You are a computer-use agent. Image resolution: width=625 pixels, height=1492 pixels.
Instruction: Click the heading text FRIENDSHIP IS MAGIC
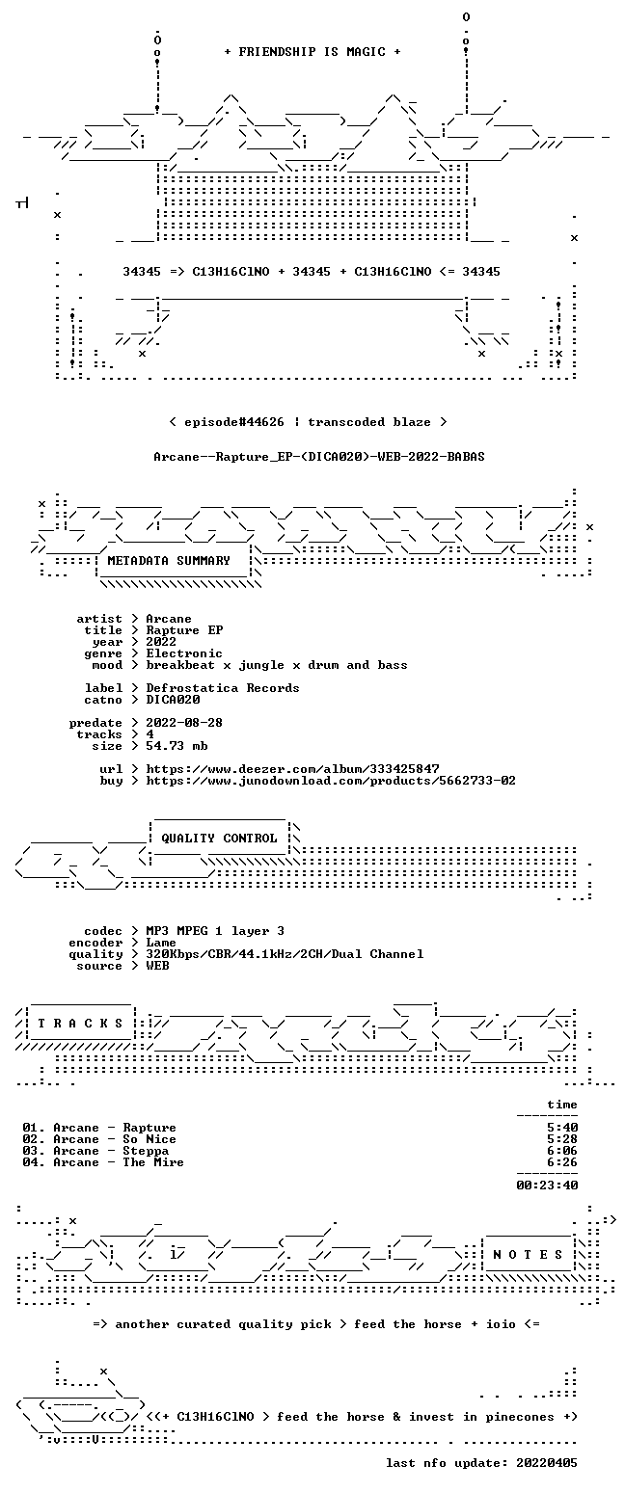pos(312,52)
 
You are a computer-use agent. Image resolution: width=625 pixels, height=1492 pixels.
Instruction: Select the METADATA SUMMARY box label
pos(169,561)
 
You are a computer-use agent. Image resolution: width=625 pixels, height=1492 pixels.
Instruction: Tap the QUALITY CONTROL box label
pos(219,838)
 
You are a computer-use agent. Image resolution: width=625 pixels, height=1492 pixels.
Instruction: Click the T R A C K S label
pos(81,1023)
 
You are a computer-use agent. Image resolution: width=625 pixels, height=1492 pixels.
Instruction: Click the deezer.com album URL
pos(292,768)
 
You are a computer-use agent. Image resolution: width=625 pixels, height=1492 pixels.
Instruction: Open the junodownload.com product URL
pos(331,781)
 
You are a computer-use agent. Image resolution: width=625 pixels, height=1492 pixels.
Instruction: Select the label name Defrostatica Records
pos(223,688)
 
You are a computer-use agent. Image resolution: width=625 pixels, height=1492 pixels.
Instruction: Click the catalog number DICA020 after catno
pos(174,700)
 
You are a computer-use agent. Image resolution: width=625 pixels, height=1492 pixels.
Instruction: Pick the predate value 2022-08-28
pos(184,723)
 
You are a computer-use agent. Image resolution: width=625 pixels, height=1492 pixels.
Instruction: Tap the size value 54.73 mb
pos(177,746)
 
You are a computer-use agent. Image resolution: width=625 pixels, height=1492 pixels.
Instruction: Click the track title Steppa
pos(146,1151)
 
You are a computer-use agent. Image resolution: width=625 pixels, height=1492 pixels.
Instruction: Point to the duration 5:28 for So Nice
pos(562,1139)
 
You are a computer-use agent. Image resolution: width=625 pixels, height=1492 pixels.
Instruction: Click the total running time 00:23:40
pos(547,1186)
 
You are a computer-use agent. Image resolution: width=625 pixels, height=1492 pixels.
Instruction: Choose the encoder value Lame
pos(161,943)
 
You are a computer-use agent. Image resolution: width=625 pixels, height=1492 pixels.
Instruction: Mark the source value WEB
pos(157,966)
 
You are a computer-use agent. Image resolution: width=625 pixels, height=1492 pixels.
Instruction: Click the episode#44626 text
pos(233,422)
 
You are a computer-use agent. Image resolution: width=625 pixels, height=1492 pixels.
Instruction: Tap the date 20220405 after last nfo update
pos(546,1463)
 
